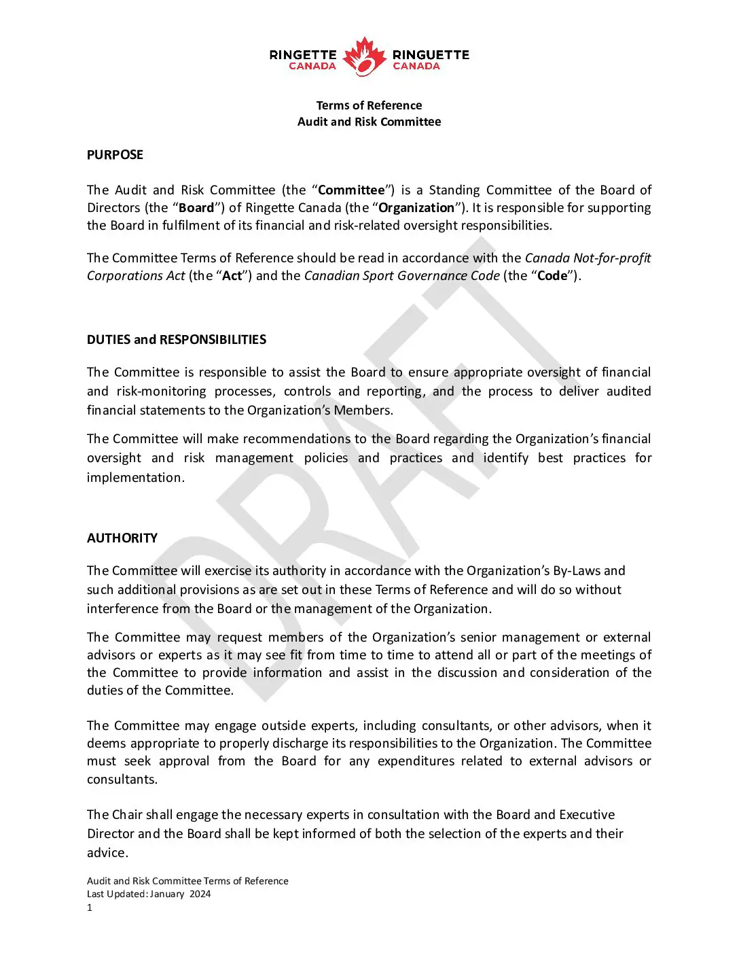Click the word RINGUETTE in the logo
coord(431,54)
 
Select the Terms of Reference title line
coord(369,105)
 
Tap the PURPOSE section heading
coord(115,155)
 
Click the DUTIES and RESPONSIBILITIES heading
coord(177,340)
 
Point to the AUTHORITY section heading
coord(122,538)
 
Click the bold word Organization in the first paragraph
coord(416,208)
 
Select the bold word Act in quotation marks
coord(232,276)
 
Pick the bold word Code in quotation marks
coord(552,276)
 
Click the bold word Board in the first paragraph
coord(196,208)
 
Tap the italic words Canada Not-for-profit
coord(588,258)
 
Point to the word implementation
coord(134,478)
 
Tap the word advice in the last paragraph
coord(106,853)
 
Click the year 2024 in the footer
coord(200,894)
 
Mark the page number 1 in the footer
coord(90,908)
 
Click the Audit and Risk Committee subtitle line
coord(369,122)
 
